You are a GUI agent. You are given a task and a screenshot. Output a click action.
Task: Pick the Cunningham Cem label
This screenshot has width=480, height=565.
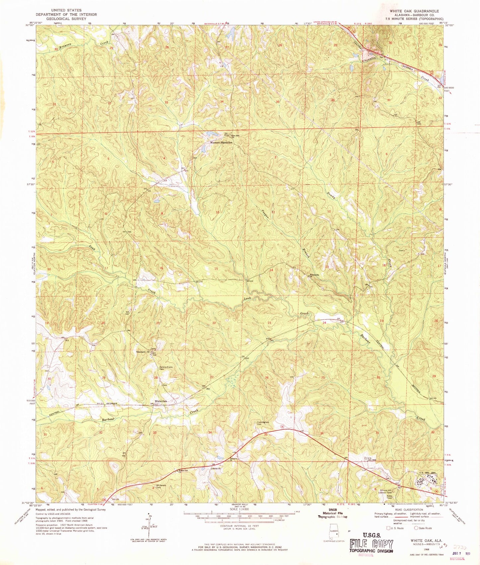[x=262, y=423]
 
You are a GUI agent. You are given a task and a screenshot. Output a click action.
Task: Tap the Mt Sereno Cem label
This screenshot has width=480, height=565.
[x=161, y=487]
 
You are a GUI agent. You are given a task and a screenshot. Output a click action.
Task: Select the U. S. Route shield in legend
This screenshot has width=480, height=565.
[x=388, y=528]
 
